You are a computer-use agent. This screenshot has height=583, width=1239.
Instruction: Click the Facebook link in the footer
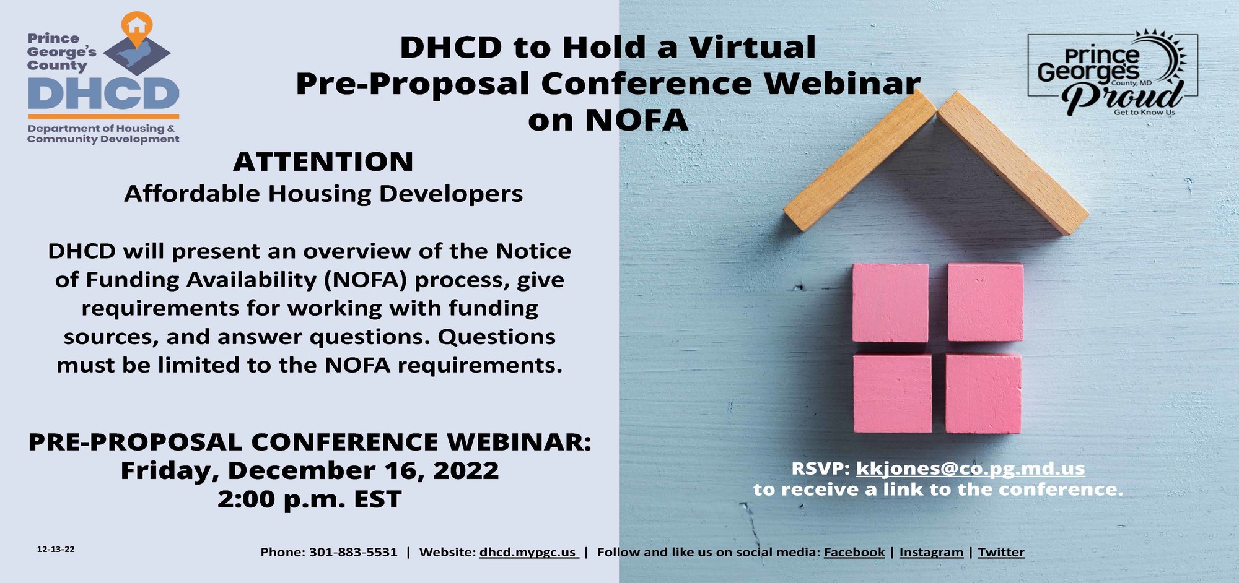point(854,552)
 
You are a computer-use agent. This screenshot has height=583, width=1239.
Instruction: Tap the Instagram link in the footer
point(930,552)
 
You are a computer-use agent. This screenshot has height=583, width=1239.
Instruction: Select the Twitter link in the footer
point(1000,552)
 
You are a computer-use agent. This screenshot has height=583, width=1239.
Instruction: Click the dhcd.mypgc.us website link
point(528,552)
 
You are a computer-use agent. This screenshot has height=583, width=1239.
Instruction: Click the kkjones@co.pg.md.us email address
point(970,469)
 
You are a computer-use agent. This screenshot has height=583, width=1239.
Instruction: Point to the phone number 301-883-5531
point(353,552)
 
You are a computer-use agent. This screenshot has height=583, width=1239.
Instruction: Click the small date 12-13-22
point(56,550)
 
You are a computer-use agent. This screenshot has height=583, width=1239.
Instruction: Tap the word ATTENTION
point(323,162)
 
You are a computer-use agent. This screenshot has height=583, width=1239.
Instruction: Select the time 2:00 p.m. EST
point(309,499)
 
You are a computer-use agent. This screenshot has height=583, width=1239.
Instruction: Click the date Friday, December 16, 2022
point(309,471)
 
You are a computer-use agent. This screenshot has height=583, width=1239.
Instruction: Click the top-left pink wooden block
point(890,303)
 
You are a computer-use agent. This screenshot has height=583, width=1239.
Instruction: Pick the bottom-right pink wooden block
point(983,394)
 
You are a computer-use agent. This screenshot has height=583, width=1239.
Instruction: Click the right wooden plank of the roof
point(1013,162)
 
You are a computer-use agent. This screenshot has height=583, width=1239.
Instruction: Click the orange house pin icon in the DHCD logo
point(136,26)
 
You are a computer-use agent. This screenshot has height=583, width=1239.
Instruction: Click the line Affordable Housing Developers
point(323,194)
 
